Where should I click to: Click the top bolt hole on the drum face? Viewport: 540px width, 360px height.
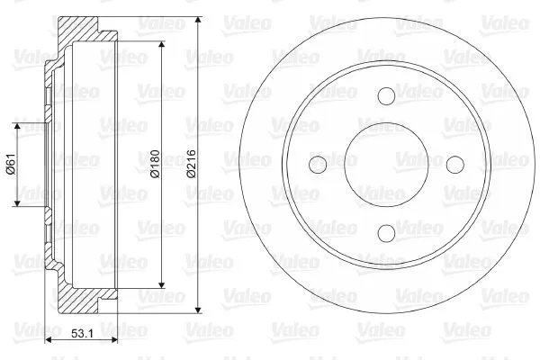pyautogui.click(x=386, y=96)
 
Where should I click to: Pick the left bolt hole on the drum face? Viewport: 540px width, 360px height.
pyautogui.click(x=318, y=165)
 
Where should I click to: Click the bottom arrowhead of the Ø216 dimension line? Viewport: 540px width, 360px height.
pyautogui.click(x=199, y=307)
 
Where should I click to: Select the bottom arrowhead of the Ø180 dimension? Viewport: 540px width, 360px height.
pyautogui.click(x=162, y=283)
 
